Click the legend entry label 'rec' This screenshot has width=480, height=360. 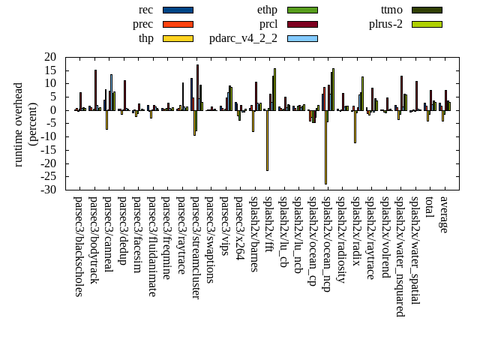pos(145,10)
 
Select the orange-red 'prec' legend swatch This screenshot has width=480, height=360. pos(178,24)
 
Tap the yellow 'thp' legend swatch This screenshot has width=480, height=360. pos(178,38)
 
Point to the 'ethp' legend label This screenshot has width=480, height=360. pos(267,10)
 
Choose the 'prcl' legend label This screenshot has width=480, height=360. pos(268,24)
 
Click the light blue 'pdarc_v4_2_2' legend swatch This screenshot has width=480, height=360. pos(302,38)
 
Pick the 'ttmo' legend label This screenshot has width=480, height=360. pos(391,10)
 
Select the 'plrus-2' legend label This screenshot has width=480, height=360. pos(386,24)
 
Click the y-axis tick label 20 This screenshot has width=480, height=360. pos(50,57)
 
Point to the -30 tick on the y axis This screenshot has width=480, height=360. pos(48,190)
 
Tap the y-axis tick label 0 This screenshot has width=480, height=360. pos(53,110)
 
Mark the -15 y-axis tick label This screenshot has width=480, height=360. pos(48,150)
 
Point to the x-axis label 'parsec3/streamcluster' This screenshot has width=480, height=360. pos(196,247)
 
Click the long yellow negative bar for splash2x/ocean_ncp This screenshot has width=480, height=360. pos(325,147)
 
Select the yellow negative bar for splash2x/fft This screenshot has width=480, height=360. pos(267,140)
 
